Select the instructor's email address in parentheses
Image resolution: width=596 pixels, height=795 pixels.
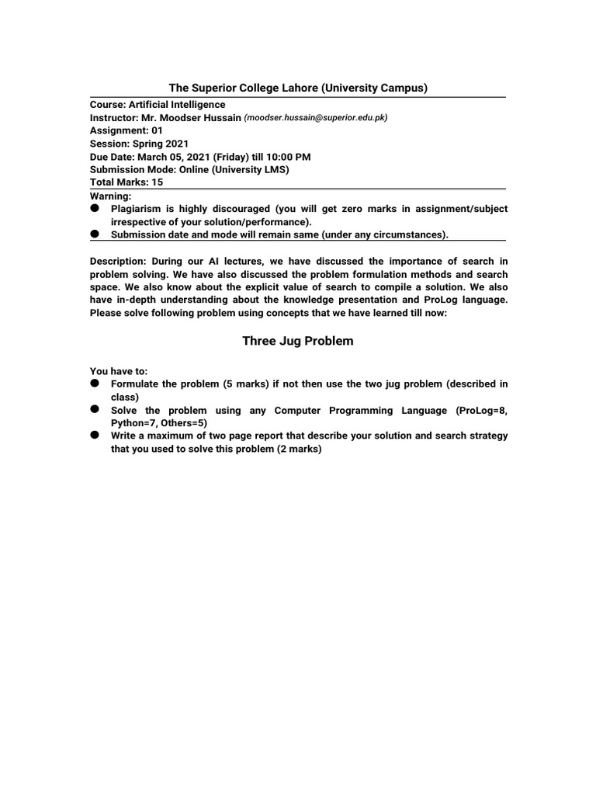tap(316, 118)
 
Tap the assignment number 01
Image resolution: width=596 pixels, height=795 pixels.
tap(158, 130)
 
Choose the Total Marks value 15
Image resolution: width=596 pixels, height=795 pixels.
tap(158, 182)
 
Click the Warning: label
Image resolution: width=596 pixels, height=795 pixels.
tap(111, 196)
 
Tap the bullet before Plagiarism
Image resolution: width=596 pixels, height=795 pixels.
tap(95, 209)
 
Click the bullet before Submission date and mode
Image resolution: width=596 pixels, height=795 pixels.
tap(95, 234)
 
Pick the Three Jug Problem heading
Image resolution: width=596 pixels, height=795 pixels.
tap(298, 341)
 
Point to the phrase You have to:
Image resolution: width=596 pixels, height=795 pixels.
tap(118, 371)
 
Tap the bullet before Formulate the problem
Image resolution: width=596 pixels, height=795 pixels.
tap(95, 384)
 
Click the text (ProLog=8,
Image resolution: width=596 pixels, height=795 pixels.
tap(481, 410)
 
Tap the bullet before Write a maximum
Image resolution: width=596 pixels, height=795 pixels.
tap(95, 436)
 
